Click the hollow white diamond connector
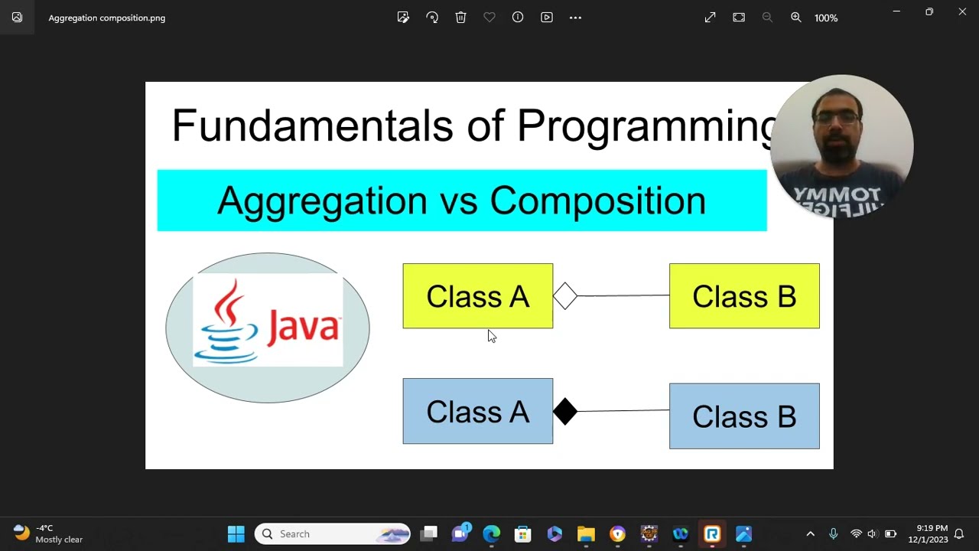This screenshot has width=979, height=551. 564,296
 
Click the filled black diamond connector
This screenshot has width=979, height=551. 564,412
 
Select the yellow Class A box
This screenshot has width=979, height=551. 477,296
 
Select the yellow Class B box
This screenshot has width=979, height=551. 743,296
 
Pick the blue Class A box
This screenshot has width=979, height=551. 477,412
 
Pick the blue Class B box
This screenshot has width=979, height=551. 743,416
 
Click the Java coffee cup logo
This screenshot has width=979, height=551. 226,321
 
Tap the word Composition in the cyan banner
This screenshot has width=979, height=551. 597,201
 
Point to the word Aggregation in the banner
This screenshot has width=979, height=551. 321,201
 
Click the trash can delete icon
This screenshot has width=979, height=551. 460,18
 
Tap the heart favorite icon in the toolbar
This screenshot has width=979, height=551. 489,18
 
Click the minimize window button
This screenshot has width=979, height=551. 896,11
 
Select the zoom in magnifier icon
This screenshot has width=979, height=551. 796,18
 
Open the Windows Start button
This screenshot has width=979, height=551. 236,534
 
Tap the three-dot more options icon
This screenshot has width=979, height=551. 575,18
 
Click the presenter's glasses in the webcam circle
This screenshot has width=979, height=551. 837,118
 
